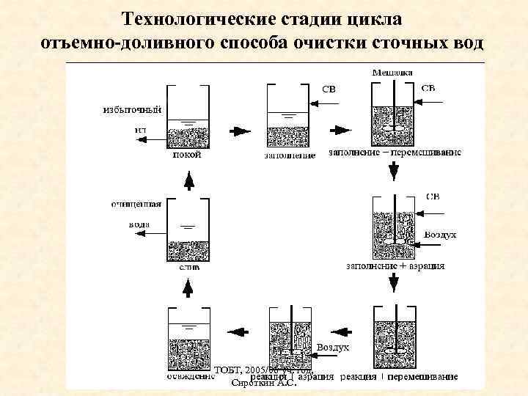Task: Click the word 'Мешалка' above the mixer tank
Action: (x=392, y=73)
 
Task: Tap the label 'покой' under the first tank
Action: (x=187, y=155)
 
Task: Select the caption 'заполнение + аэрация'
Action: (x=396, y=267)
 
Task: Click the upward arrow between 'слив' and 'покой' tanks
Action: (x=188, y=179)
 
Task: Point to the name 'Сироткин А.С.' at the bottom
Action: (x=263, y=383)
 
